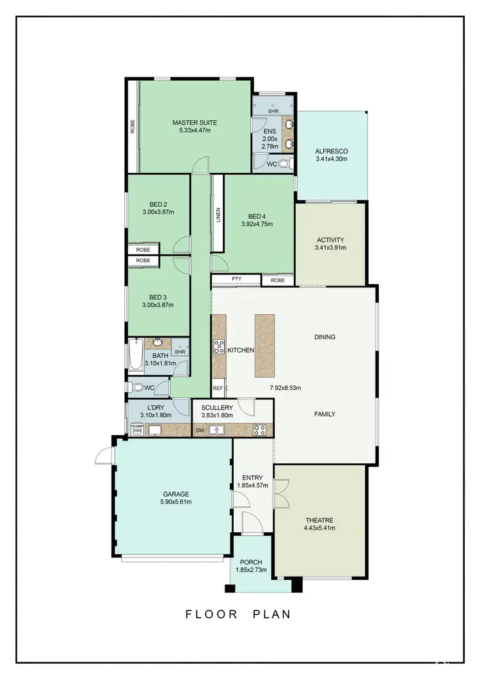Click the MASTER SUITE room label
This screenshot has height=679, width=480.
[x=195, y=122]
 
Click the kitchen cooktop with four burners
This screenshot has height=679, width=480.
[x=219, y=347]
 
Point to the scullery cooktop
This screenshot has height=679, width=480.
[x=260, y=430]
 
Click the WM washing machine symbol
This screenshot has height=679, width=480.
[x=136, y=431]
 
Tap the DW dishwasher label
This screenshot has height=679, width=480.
[x=200, y=430]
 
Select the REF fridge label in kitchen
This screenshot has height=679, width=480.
[x=217, y=388]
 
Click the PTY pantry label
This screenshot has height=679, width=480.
[x=236, y=280]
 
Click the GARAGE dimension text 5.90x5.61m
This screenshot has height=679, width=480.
[x=175, y=502]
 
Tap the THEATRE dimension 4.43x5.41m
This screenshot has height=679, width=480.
[x=319, y=528]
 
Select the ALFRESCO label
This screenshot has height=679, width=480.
[x=331, y=152]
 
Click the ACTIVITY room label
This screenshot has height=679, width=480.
[x=330, y=240]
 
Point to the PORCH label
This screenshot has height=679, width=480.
[x=252, y=563]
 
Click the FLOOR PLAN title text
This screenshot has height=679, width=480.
[x=238, y=614]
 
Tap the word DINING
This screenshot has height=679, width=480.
[x=324, y=337]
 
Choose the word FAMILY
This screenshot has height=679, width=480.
[x=324, y=414]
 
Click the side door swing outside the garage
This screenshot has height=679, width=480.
[x=102, y=455]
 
